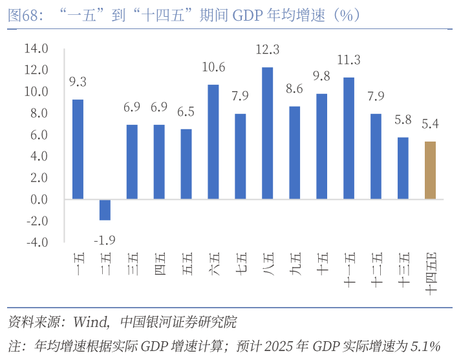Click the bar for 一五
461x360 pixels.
78,149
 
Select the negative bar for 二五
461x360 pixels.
105,209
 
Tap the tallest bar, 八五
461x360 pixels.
267,132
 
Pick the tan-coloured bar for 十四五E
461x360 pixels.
430,170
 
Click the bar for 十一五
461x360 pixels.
348,138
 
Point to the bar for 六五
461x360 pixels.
213,142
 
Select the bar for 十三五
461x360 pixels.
403,168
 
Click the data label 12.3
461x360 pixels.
267,50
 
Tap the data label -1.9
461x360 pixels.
105,240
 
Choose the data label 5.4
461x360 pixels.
430,124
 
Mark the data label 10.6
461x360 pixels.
213,67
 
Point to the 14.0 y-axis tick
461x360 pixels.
36,48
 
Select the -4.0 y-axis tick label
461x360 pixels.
36,243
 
